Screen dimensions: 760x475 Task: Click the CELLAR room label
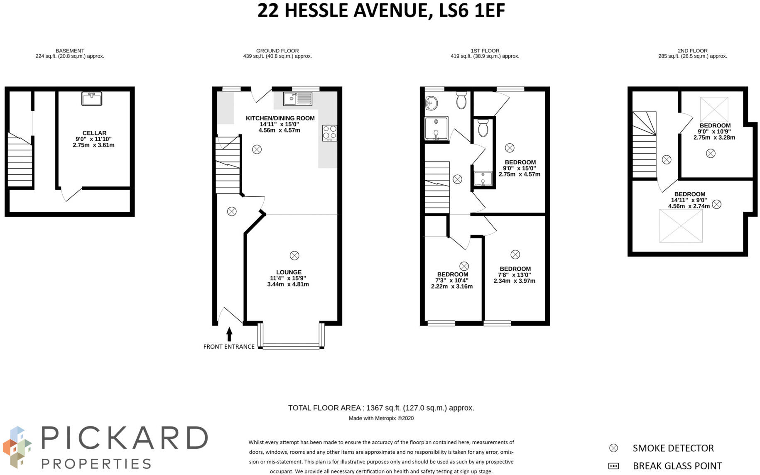click(x=94, y=133)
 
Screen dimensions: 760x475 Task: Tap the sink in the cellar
click(x=92, y=99)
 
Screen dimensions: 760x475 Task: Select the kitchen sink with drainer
click(x=298, y=99)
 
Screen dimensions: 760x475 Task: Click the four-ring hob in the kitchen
click(x=330, y=133)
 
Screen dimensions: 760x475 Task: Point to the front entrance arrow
click(x=229, y=334)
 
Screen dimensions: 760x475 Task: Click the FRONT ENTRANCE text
click(x=229, y=347)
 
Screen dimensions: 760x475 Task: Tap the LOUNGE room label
click(x=289, y=272)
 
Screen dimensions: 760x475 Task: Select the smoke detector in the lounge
click(x=294, y=255)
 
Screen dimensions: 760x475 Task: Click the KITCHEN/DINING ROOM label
click(x=280, y=118)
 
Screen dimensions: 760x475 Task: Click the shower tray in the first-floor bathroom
click(x=436, y=128)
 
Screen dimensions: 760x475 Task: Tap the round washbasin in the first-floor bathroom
click(x=431, y=103)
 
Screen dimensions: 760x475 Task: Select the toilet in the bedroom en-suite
click(x=483, y=128)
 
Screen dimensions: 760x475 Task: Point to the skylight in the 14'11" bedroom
click(x=681, y=226)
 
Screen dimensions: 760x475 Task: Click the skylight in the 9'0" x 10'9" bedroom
click(x=714, y=109)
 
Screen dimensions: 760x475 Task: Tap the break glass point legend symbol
click(x=613, y=466)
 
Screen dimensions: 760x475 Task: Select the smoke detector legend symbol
click(x=613, y=448)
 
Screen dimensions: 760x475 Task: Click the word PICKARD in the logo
click(x=124, y=438)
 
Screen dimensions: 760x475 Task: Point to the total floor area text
click(x=381, y=408)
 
